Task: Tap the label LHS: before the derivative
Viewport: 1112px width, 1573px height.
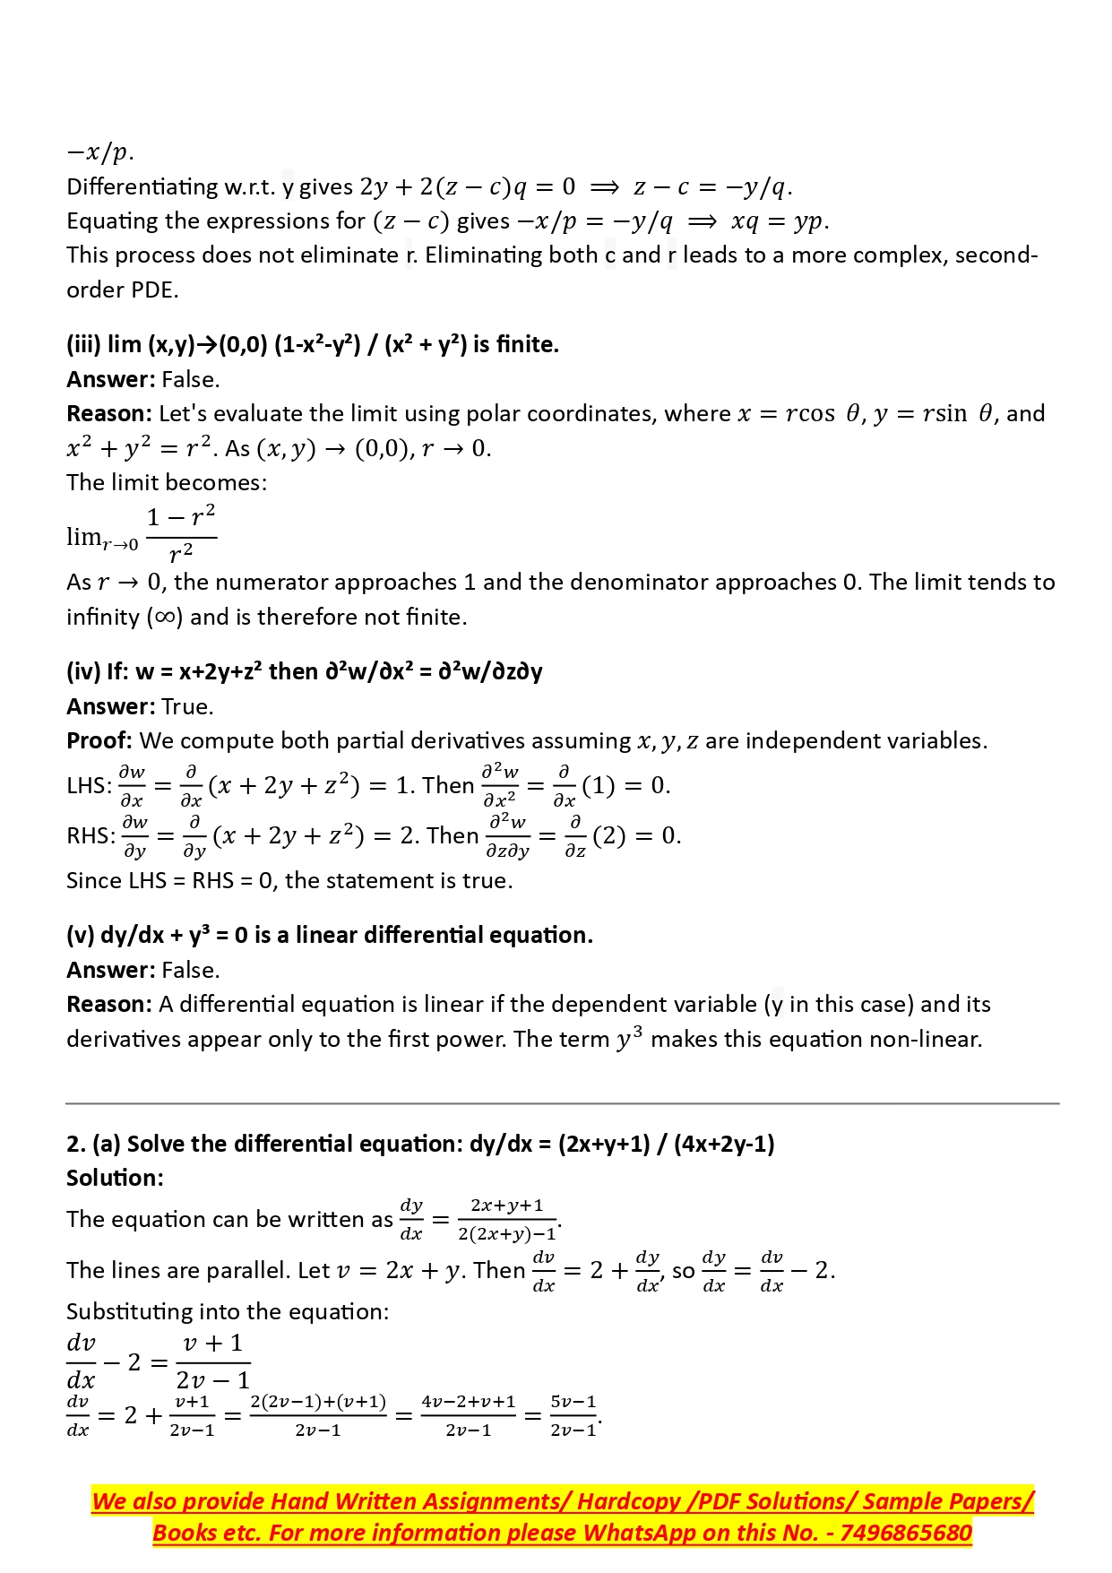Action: (89, 786)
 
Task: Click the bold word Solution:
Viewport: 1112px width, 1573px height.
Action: (115, 1178)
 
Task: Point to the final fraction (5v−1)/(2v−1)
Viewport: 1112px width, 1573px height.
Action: (573, 1416)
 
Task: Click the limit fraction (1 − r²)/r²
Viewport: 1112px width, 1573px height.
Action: (180, 536)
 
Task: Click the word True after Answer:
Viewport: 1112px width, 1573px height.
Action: (186, 707)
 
